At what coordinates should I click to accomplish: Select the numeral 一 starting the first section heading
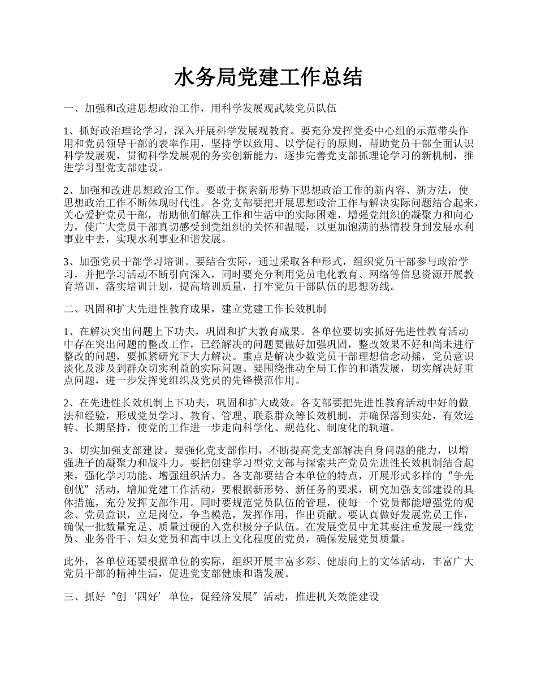(x=69, y=107)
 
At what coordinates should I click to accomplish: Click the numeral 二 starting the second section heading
(x=69, y=309)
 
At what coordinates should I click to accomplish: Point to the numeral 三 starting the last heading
(x=69, y=597)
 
